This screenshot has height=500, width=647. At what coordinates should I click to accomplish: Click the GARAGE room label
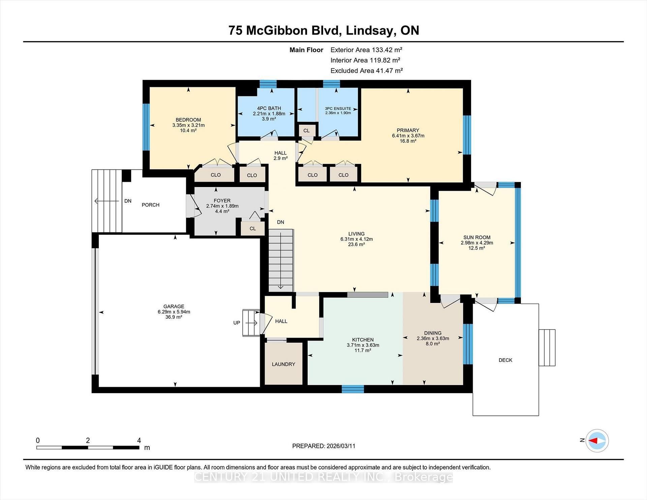pyautogui.click(x=174, y=306)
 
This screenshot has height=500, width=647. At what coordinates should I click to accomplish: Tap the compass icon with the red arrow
pyautogui.click(x=597, y=440)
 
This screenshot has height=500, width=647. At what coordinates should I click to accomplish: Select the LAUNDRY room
pyautogui.click(x=283, y=364)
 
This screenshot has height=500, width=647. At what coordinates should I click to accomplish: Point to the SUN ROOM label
pyautogui.click(x=476, y=237)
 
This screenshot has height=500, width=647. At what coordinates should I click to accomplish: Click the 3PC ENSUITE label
pyautogui.click(x=338, y=108)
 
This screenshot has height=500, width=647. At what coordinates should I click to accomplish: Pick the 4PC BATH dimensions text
pyautogui.click(x=269, y=114)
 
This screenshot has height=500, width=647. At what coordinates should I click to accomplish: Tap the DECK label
pyautogui.click(x=505, y=360)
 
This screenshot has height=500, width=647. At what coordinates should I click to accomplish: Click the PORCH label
pyautogui.click(x=150, y=205)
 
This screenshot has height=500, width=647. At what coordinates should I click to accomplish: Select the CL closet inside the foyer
pyautogui.click(x=252, y=228)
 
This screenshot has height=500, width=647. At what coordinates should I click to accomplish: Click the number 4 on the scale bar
pyautogui.click(x=139, y=440)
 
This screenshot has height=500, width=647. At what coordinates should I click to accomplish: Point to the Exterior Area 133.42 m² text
pyautogui.click(x=366, y=50)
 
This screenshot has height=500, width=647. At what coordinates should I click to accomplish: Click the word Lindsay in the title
pyautogui.click(x=369, y=30)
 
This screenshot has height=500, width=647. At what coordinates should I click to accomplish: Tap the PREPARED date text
pyautogui.click(x=323, y=446)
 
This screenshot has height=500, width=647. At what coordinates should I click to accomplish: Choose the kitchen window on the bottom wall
pyautogui.click(x=353, y=389)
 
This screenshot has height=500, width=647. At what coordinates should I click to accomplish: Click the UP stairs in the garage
pyautogui.click(x=251, y=323)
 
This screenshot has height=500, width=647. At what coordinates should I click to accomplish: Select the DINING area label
pyautogui.click(x=433, y=333)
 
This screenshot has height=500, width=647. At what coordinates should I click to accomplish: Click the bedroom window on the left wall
pyautogui.click(x=146, y=126)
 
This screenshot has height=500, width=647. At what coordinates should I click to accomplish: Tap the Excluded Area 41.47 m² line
pyautogui.click(x=366, y=71)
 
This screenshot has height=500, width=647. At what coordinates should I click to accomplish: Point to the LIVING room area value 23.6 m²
pyautogui.click(x=357, y=244)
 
